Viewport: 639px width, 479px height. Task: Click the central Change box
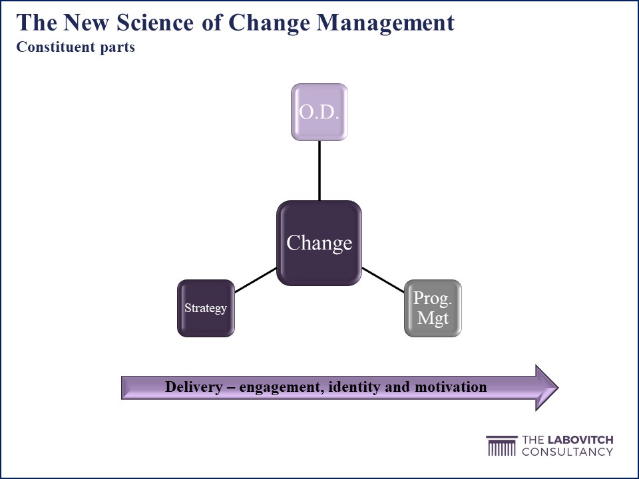(x=319, y=243)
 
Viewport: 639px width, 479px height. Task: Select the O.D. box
(x=319, y=112)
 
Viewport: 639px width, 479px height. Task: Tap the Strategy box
(x=206, y=308)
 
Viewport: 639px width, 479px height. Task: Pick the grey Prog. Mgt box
(x=433, y=308)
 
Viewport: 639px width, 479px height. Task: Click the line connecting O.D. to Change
(x=319, y=171)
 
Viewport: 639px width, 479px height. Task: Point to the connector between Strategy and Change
(x=256, y=280)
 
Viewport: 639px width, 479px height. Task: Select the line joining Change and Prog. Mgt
(x=383, y=280)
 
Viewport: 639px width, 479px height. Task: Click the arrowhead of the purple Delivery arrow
(x=546, y=387)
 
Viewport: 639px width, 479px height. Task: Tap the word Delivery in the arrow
(x=194, y=386)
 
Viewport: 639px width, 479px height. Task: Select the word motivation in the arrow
(x=451, y=386)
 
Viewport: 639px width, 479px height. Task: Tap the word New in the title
(x=86, y=22)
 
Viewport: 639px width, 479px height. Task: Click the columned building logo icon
(x=502, y=446)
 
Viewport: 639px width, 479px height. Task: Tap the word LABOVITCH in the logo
(x=580, y=440)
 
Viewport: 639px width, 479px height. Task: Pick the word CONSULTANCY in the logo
(x=568, y=451)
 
